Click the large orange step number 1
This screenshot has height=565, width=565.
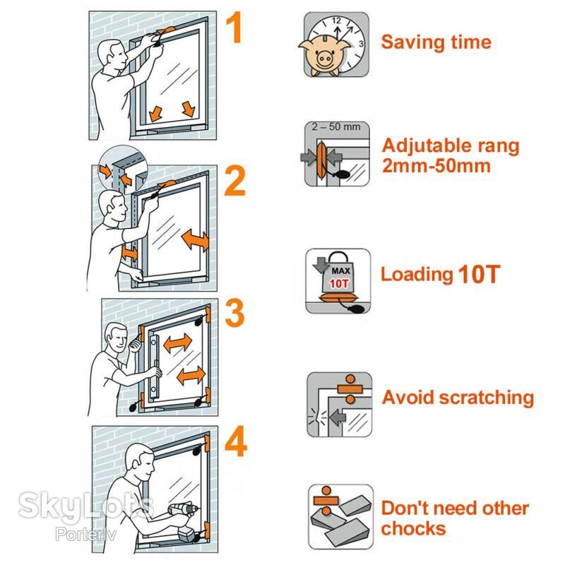pos(234,27)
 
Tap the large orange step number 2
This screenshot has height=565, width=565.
pos(235,182)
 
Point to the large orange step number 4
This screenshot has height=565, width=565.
pos(236,441)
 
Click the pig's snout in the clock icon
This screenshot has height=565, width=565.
pos(324,58)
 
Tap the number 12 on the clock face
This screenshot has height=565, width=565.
pos(336,21)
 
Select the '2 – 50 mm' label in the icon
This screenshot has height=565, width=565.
pos(336,127)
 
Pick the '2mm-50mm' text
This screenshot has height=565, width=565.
pos(436,166)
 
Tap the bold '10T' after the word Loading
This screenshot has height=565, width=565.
pos(480,275)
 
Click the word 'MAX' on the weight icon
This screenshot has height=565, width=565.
pos(340,270)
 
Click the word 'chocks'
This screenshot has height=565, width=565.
pos(413,528)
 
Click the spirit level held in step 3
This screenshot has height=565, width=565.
pos(154,366)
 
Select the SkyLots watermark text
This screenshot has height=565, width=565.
pos(85,506)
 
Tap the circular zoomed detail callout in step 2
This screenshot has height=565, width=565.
pos(123,169)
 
